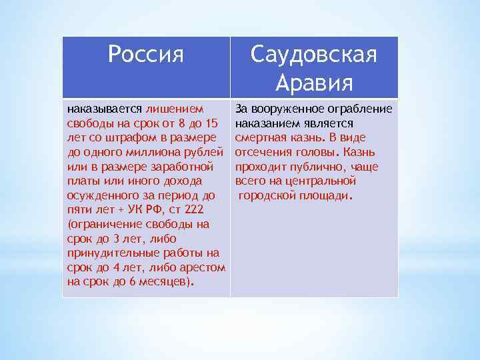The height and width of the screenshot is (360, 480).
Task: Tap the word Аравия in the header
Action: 313,83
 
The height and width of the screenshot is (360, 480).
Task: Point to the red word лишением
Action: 175,109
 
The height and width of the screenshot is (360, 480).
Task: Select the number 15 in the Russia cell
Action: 211,123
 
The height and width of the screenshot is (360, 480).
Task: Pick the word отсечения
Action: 262,152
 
